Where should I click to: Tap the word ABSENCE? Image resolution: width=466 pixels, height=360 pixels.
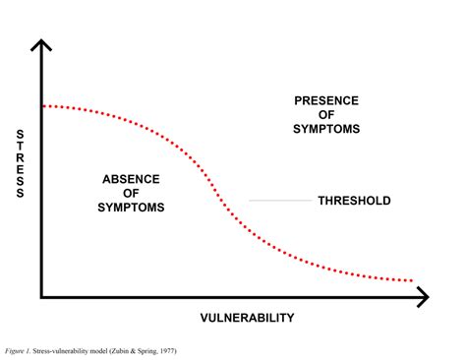[132, 178]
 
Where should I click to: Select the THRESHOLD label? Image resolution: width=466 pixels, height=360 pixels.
[354, 201]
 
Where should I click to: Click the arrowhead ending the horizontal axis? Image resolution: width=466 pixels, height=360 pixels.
[423, 296]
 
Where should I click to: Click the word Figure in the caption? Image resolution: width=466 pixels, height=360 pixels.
[17, 349]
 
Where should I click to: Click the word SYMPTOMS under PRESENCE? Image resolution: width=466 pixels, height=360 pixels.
[327, 129]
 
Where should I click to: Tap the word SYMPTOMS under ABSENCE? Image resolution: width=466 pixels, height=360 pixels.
[132, 208]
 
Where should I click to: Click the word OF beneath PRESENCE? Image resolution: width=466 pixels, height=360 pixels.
[327, 114]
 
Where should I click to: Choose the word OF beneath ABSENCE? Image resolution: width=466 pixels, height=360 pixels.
[132, 193]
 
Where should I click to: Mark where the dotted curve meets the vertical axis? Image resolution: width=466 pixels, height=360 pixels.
[42, 104]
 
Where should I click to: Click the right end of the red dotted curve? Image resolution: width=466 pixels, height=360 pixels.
[411, 281]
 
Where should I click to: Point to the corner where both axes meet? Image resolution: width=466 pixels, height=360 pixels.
[41, 296]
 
